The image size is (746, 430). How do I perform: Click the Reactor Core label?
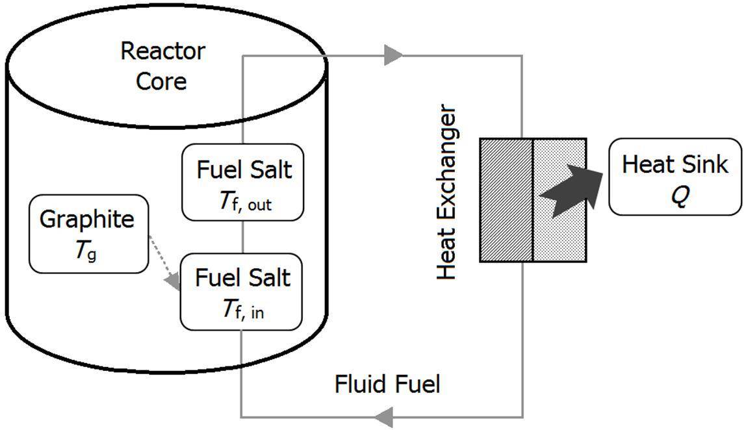coord(162,66)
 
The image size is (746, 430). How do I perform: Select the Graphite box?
coord(88,233)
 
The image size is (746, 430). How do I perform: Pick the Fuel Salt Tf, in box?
coord(241,292)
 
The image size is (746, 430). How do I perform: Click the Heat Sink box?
coord(675,176)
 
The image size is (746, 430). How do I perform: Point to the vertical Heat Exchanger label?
coord(446,193)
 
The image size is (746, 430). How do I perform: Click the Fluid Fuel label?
coord(387,384)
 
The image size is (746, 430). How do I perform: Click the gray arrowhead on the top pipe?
coord(393,55)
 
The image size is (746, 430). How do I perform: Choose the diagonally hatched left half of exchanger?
coord(506,200)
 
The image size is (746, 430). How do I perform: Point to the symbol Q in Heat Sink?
coord(678,196)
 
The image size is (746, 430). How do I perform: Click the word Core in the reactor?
coord(161,81)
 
